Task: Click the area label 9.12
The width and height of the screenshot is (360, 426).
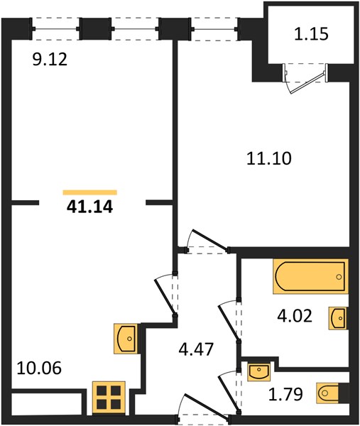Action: (50, 60)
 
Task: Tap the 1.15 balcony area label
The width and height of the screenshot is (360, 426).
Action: (312, 34)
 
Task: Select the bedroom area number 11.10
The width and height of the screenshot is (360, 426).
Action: (269, 158)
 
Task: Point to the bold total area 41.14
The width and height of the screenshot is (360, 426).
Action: (89, 207)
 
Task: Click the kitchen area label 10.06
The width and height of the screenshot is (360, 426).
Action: (39, 368)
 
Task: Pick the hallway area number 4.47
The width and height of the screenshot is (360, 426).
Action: (196, 349)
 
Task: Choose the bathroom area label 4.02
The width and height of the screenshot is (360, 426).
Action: (295, 316)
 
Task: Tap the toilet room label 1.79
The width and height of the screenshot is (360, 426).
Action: (285, 395)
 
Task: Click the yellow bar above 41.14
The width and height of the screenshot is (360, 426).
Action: (89, 192)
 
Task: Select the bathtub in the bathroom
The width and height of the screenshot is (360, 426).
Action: (310, 276)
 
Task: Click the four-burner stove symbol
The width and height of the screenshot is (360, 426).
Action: (109, 398)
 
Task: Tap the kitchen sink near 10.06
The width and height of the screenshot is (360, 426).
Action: (126, 339)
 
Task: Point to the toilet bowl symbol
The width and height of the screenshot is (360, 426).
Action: (327, 393)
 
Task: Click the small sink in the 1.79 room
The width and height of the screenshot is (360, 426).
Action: (259, 373)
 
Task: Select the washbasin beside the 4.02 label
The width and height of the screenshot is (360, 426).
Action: (338, 318)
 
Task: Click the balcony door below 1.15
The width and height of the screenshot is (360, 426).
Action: (305, 78)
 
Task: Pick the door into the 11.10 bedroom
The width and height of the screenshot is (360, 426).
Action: (207, 242)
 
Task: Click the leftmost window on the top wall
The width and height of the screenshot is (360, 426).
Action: (55, 29)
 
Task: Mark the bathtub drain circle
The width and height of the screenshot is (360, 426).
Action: (339, 277)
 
